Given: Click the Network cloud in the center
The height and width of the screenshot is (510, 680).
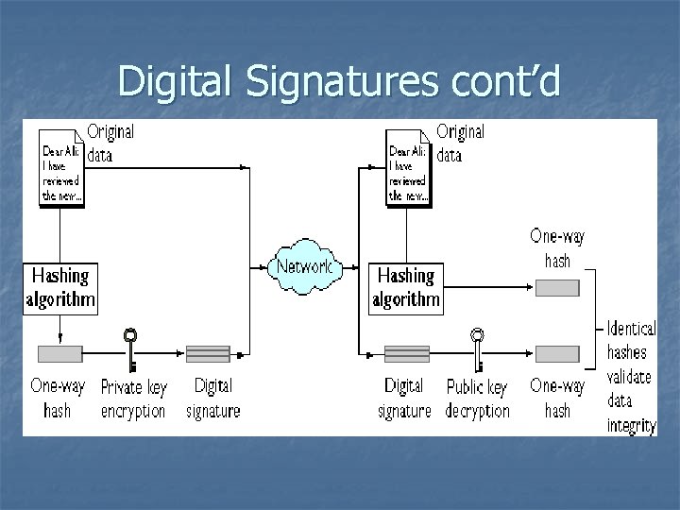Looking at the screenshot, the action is coord(304,265).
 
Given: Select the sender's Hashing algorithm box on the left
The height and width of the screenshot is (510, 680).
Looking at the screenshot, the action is coord(60,287).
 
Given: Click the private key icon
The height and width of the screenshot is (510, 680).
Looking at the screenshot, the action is coord(130,349).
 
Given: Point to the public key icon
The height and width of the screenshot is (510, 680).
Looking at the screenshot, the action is coord(478,349).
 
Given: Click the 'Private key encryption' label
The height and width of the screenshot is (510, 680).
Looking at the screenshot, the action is coord(133,399).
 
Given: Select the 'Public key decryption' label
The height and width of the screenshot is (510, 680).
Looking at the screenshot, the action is coord(478,399).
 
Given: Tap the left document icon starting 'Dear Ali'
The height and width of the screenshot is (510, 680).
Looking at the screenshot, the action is coord(60,170).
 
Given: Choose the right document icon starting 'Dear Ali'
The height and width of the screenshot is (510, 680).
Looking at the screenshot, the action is coord(408,170).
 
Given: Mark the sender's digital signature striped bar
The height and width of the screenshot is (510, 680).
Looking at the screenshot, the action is coord(209,354).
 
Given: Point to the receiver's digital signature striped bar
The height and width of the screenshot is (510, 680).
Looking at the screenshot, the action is coord(407,354).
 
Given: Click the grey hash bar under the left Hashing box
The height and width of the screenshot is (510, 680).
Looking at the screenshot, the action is coord(59,354).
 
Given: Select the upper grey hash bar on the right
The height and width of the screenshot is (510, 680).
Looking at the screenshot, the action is coord(557,287).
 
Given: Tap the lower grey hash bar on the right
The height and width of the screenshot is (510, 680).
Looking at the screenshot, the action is coord(557,354).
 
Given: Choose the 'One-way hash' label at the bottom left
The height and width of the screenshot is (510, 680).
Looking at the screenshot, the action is coord(58,399).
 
